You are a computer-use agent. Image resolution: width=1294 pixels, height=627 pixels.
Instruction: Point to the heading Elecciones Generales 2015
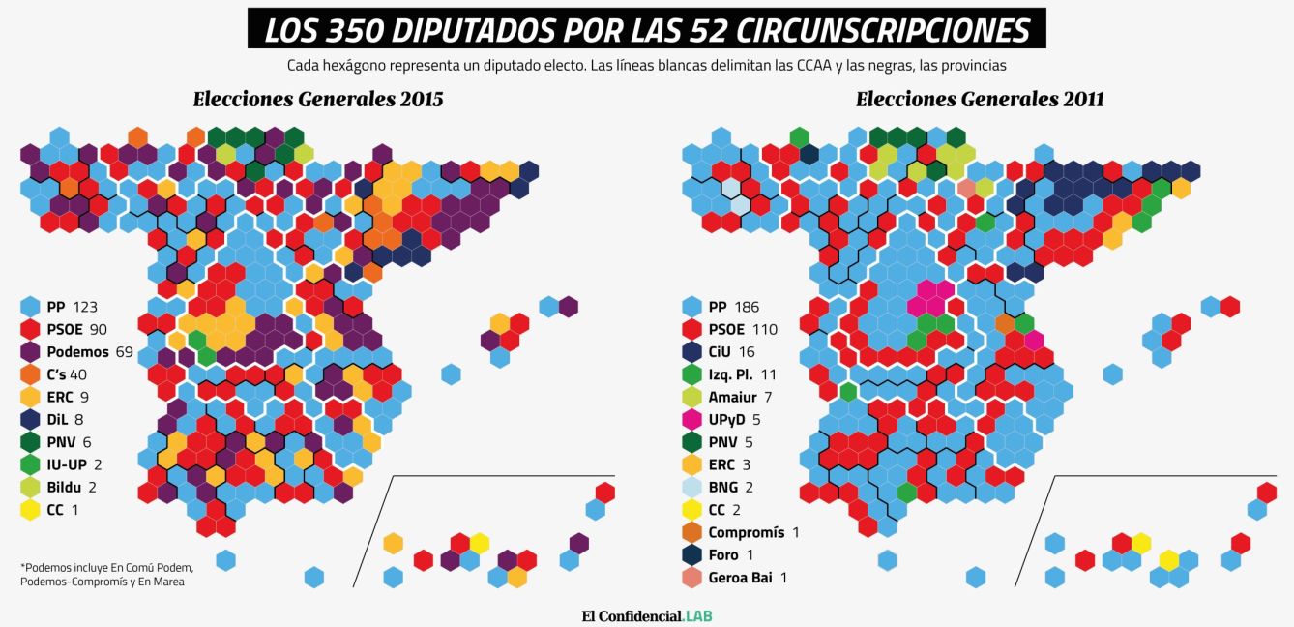[x=318, y=99]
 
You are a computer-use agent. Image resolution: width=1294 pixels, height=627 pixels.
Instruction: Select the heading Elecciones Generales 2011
[x=980, y=99]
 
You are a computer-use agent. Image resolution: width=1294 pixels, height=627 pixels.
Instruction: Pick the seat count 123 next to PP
[x=85, y=307]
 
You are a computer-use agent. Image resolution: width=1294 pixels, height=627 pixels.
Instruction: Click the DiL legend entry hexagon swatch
[x=30, y=419]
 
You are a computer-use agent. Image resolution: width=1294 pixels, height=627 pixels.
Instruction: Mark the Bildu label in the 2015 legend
[x=64, y=487]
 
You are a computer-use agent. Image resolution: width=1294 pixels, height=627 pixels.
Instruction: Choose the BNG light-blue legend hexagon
[x=691, y=487]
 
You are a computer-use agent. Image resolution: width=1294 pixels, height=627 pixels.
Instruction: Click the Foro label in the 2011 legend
[x=723, y=554]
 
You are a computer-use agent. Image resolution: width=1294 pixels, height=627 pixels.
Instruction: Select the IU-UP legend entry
[x=68, y=464]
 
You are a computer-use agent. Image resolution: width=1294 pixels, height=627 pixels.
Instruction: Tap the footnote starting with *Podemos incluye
[x=106, y=574]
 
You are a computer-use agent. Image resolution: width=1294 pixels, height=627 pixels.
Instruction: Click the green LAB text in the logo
[x=698, y=615]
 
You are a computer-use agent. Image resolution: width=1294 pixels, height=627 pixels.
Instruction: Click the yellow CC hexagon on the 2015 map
[x=480, y=543]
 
